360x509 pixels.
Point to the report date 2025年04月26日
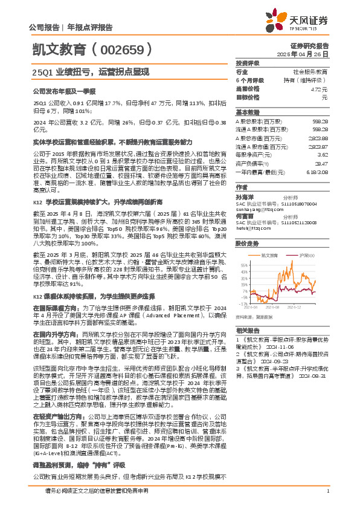coord(309,54)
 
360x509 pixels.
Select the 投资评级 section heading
coord(247,63)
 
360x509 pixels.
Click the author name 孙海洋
coord(245,197)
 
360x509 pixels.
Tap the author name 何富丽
coord(245,215)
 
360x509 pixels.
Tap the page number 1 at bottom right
coord(327,499)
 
